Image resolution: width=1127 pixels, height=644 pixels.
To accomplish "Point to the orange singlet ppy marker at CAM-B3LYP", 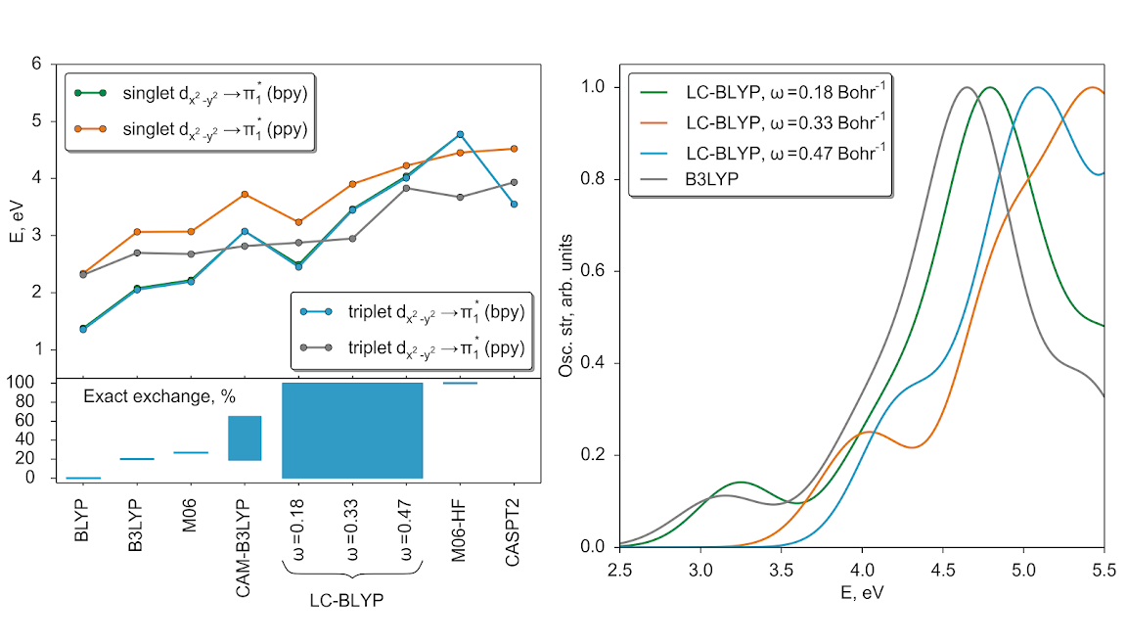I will (245, 194).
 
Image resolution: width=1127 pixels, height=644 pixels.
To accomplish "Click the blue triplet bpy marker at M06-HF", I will (460, 134).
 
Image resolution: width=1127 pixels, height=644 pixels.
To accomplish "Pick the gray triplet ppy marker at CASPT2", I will (514, 182).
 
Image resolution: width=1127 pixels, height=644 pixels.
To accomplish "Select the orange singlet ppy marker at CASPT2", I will (514, 149).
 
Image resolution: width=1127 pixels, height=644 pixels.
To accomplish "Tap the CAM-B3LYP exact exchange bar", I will (245, 437).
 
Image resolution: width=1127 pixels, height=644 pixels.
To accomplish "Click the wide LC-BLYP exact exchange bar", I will (352, 431).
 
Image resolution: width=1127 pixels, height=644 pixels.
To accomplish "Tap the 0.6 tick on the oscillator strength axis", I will (594, 271).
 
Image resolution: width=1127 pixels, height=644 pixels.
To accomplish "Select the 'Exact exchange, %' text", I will (158, 396).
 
